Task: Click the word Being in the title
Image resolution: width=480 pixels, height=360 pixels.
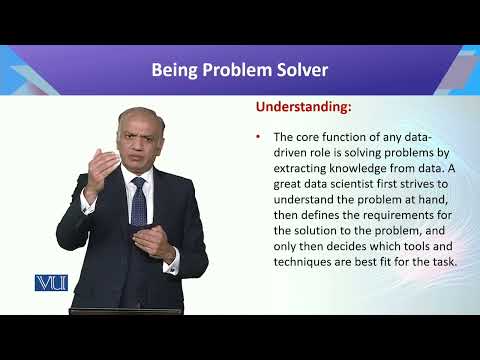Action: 175,70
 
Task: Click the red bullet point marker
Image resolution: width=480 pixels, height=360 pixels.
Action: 259,135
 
